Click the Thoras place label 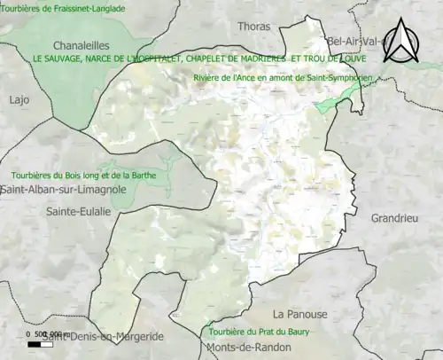pyautogui.click(x=254, y=27)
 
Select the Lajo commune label pyautogui.click(x=19, y=100)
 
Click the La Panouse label pyautogui.click(x=299, y=315)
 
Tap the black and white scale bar pyautogui.click(x=39, y=343)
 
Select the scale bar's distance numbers pyautogui.click(x=40, y=333)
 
